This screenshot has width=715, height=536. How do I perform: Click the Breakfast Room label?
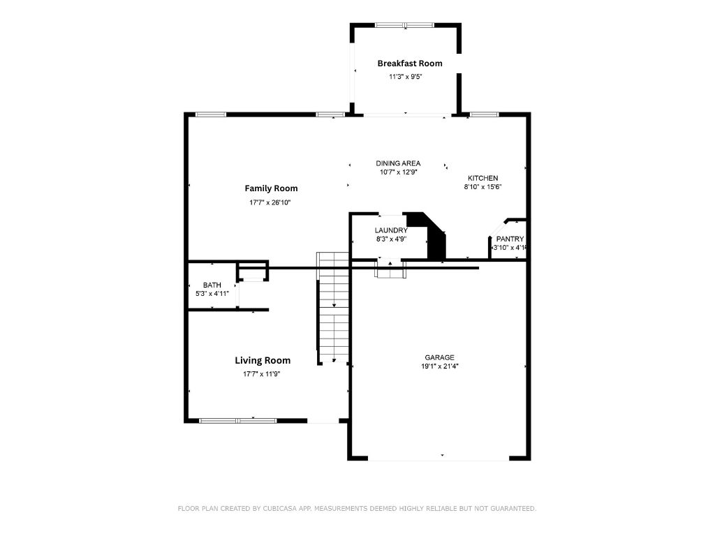409,64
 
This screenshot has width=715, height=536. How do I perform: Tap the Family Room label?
271,188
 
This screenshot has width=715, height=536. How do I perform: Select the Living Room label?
263,361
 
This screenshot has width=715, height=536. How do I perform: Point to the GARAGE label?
440,358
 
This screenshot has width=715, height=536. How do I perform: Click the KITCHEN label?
483,178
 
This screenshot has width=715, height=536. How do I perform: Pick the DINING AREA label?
398,163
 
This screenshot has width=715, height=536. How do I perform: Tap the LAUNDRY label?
391,230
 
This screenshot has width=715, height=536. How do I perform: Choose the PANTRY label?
510,239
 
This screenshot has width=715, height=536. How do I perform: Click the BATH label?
212,285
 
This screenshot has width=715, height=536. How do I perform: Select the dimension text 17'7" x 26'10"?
270,202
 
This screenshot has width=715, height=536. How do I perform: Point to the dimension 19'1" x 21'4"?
440,366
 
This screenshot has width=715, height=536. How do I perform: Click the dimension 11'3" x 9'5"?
406,77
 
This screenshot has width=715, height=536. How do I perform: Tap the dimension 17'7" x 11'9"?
261,374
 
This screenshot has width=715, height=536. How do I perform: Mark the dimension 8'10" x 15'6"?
483,186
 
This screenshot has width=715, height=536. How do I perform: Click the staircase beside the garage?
333,308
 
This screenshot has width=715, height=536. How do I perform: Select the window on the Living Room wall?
238,421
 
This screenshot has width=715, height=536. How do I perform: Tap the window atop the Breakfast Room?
405,25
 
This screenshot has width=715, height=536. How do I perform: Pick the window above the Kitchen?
485,114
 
